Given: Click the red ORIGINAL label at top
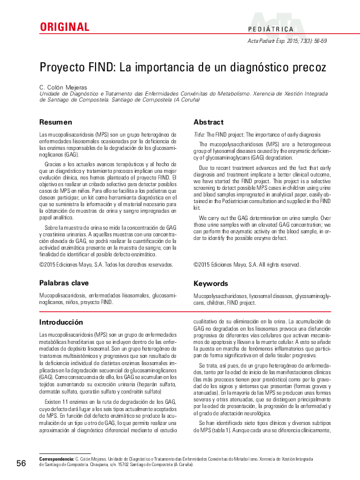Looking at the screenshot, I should coord(64,27).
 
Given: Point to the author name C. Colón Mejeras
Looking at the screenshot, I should coord(63,87).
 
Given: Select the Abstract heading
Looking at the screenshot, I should coord(208,122).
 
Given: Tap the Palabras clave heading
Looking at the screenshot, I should coord(64,283).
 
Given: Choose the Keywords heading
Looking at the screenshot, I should coord(211,283).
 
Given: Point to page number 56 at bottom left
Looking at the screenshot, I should coord(21,463).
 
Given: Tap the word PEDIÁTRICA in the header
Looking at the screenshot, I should coord(270,29).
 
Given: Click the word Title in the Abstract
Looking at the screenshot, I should coord(198,134).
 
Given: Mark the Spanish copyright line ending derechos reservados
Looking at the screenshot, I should coord(106,264).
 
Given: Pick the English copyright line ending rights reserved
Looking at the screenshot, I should coord(247,264).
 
